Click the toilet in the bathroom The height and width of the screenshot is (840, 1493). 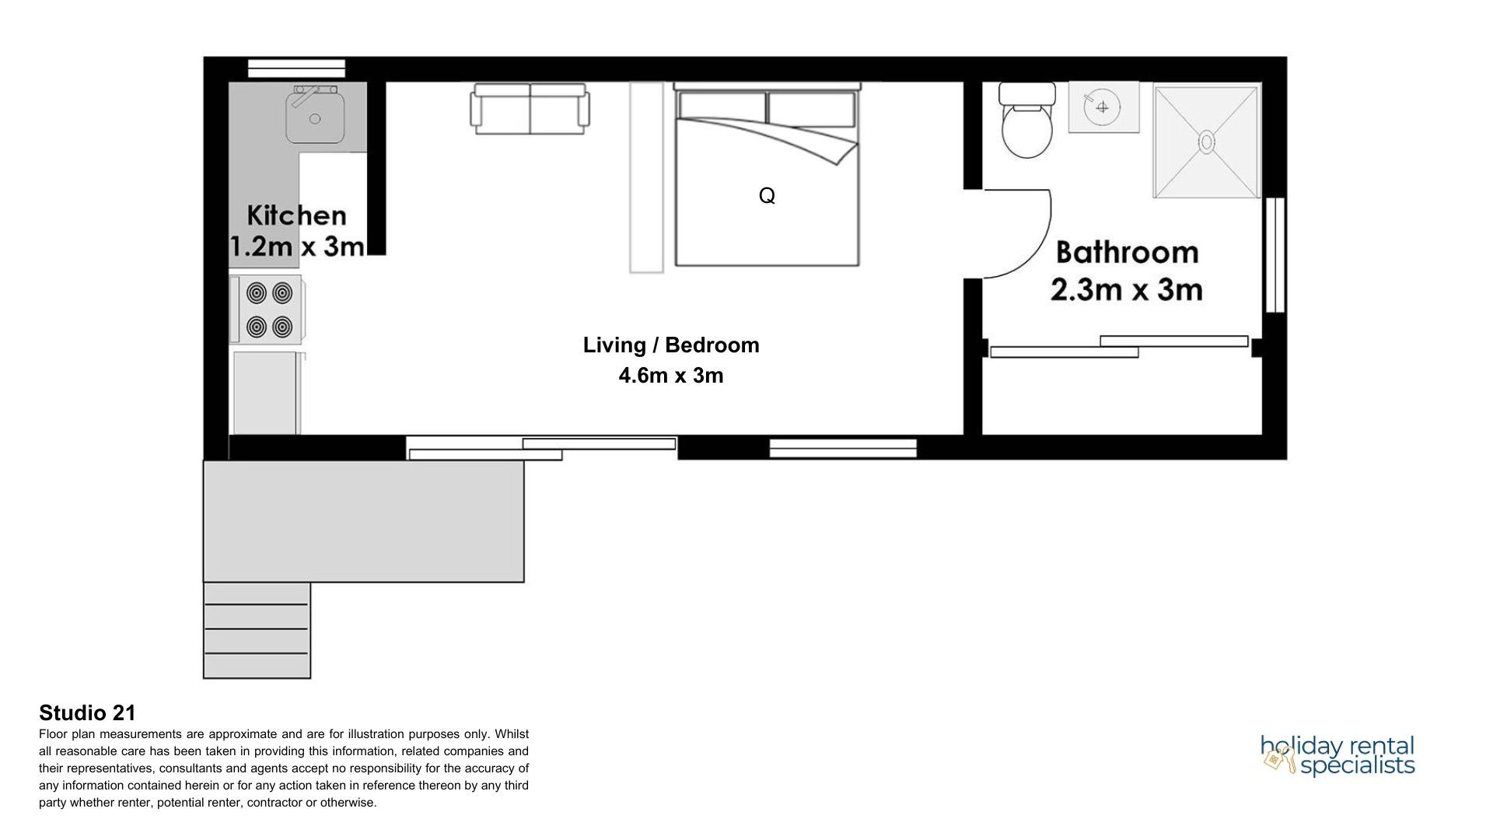tap(1027, 120)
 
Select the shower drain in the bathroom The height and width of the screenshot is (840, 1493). tap(1206, 142)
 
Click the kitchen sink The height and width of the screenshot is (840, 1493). tap(315, 115)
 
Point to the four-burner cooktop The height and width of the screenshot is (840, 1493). tap(266, 310)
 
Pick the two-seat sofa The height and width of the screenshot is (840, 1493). tap(530, 109)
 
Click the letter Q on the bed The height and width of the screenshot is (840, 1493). tap(767, 195)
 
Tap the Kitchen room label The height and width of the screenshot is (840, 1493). tap(296, 215)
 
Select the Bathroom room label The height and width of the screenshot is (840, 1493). tap(1128, 253)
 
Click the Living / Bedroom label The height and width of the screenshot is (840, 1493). tap(671, 345)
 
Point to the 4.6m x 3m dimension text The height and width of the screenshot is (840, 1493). tap(671, 376)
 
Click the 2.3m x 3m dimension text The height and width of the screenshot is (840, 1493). tap(1127, 290)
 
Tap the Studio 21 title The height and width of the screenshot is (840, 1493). tap(87, 712)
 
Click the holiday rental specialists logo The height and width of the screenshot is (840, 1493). tap(1337, 755)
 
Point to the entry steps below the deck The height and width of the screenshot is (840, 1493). tap(257, 630)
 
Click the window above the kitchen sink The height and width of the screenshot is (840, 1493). tap(296, 68)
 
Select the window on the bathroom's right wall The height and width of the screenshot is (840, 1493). tap(1274, 255)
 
